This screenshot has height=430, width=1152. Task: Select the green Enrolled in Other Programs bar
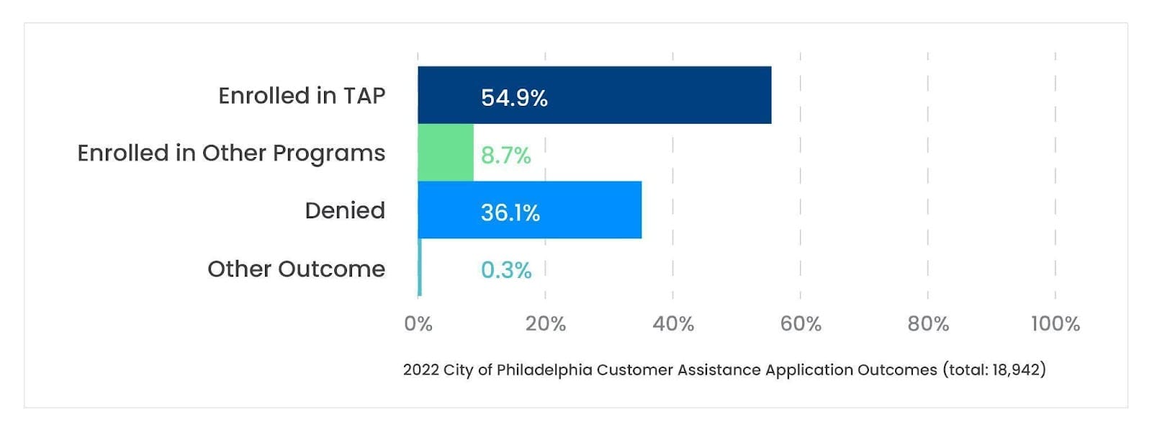446,153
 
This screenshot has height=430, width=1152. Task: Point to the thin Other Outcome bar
420,268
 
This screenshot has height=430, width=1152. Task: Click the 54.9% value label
514,98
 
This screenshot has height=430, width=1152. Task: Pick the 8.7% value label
505,156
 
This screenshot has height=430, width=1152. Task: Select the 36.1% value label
510,213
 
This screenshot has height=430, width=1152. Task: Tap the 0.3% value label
505,271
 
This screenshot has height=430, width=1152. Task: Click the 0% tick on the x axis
418,324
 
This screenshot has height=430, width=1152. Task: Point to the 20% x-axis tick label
545,324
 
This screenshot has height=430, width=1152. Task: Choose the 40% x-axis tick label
673,324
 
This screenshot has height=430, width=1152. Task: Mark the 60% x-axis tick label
801,324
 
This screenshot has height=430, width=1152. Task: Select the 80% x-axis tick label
928,324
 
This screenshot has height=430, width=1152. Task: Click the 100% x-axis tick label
1055,324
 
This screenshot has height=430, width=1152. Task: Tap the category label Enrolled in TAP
302,96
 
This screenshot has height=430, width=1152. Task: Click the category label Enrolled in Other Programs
231,153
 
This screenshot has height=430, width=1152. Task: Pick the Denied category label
345,211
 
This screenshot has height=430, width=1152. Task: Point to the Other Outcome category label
296,269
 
